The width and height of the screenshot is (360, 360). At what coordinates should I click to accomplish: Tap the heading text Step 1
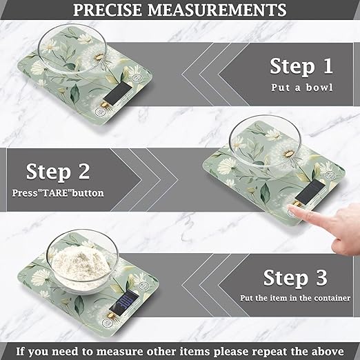pyautogui.click(x=301, y=66)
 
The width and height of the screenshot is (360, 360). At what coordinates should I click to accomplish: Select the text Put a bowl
pyautogui.click(x=301, y=88)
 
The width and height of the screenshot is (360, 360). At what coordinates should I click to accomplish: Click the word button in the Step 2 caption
pyautogui.click(x=86, y=192)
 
